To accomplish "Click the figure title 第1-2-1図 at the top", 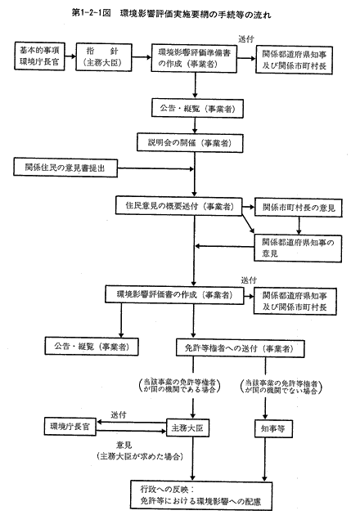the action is pyautogui.click(x=91, y=14).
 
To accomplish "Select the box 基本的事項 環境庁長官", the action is pyautogui.click(x=39, y=56).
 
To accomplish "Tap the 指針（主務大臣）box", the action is pyautogui.click(x=104, y=57).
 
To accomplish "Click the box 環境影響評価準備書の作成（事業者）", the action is pyautogui.click(x=194, y=58).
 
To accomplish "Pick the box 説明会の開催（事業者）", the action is pyautogui.click(x=190, y=143).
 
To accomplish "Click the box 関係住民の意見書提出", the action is pyautogui.click(x=65, y=168).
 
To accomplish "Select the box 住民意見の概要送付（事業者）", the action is pyautogui.click(x=179, y=206).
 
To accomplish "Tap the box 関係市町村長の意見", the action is pyautogui.click(x=298, y=208).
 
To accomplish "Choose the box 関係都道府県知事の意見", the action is pyautogui.click(x=298, y=249).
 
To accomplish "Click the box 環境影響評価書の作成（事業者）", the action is pyautogui.click(x=174, y=294).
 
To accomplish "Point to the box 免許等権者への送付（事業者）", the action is pyautogui.click(x=241, y=348).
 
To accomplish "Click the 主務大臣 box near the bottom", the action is pyautogui.click(x=187, y=428).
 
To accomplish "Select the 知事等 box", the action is pyautogui.click(x=273, y=428).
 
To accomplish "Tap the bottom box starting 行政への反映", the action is pyautogui.click(x=201, y=495).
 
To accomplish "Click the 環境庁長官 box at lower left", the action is pyautogui.click(x=70, y=427).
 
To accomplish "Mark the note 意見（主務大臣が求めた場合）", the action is pyautogui.click(x=140, y=451).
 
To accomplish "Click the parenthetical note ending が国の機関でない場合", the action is pyautogui.click(x=281, y=387).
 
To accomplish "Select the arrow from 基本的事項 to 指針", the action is pyautogui.click(x=70, y=56).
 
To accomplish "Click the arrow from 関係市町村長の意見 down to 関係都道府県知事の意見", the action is pyautogui.click(x=299, y=226).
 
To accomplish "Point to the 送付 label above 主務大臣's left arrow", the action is pyautogui.click(x=119, y=414).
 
